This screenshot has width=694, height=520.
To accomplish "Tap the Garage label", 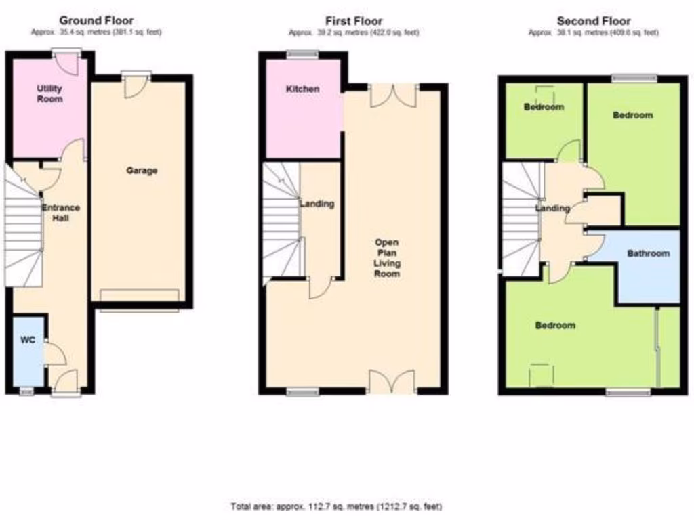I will tap(142, 171).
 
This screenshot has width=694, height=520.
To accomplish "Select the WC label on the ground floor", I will tap(26, 340).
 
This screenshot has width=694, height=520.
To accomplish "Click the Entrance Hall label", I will tap(61, 213).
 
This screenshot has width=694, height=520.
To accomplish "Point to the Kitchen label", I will tap(302, 89).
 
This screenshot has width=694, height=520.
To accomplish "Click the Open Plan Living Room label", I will tap(388, 258).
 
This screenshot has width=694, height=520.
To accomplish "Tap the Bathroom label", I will tap(648, 254).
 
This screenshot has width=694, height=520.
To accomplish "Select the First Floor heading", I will tap(354, 21).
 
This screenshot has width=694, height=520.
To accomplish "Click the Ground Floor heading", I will tap(96, 21).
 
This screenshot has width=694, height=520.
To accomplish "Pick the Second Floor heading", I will tap(593, 21).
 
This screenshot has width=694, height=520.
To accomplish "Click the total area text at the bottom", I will tap(338, 506).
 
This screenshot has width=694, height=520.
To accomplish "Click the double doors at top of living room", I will tap(393, 96).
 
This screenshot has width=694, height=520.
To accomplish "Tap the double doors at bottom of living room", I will tap(392, 381).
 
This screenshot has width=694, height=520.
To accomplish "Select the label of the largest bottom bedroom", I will tap(555, 326).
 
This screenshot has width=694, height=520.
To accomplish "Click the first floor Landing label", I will tap(317, 204).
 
